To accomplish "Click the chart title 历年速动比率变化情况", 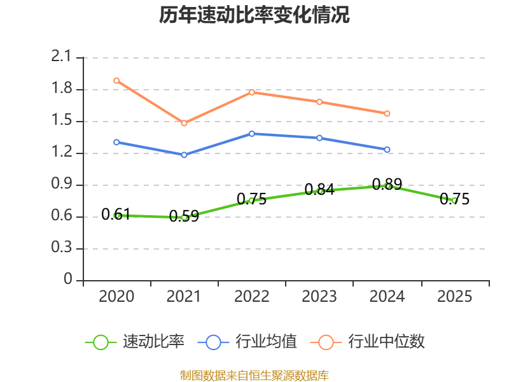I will pos(254,15).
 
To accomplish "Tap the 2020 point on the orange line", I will pos(116,81).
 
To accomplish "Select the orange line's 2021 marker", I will pos(185,123).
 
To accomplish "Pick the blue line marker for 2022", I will pos(252,134).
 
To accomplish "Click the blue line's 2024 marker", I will pos(387,150).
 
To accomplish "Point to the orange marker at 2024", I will pos(387,113).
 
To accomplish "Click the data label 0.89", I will pos(387,185).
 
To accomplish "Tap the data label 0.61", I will pos(116,214).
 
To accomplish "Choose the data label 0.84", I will pos(319,189).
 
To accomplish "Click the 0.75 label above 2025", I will pos(454,199).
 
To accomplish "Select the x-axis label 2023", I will pos(319,297).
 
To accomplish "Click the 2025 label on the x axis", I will pos(454,297).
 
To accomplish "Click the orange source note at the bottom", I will pos(254,375).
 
